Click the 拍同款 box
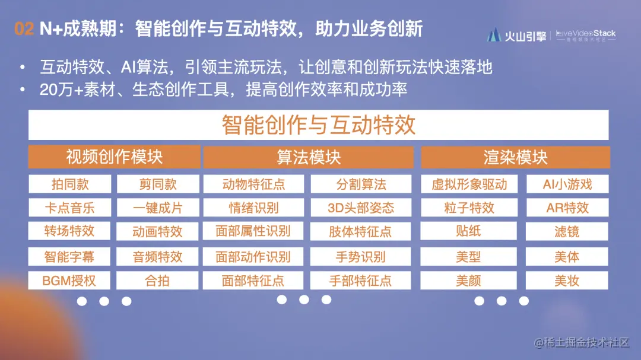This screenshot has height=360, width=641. [x=70, y=184]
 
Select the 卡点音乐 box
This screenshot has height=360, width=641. [x=70, y=208]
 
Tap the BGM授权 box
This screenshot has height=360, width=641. [x=70, y=281]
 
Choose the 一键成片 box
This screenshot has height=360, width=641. [x=157, y=208]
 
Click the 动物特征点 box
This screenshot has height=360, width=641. [x=253, y=184]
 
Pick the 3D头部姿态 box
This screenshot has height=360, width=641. [x=361, y=208]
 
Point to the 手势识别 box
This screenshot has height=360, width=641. [x=361, y=257]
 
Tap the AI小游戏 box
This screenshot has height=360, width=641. [x=567, y=184]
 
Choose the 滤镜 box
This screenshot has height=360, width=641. [x=567, y=231]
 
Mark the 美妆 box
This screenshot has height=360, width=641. [x=567, y=281]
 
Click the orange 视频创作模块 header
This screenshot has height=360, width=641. [x=114, y=157]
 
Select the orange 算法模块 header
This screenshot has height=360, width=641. [x=308, y=157]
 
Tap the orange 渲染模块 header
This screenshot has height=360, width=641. [x=515, y=157]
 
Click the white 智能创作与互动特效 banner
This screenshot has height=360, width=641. [x=318, y=125]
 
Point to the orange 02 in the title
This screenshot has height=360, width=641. [x=24, y=29]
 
